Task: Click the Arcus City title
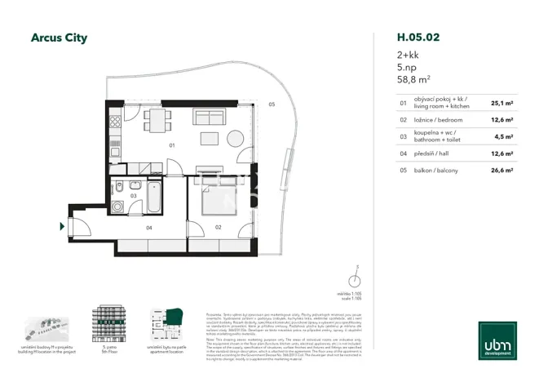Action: click(59, 38)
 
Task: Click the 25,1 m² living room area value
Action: click(501, 104)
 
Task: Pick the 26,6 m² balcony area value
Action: click(501, 170)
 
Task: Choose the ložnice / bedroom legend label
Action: click(439, 120)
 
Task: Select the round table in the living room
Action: click(235, 138)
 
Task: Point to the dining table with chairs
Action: click(157, 121)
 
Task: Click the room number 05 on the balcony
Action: click(272, 104)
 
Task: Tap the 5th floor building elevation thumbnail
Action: click(107, 324)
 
